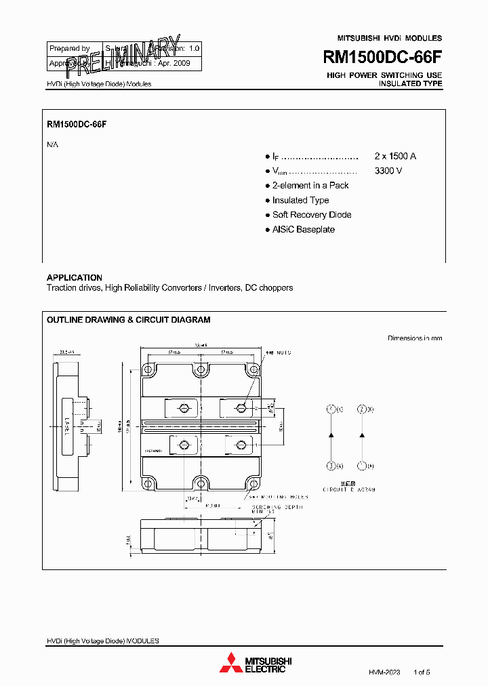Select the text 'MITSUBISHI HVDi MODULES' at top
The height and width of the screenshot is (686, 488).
point(389,38)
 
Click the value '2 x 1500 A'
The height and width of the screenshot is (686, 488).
point(395,156)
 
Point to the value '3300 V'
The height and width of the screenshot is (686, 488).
point(388,171)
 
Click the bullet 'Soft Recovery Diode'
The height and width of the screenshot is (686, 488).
point(312,215)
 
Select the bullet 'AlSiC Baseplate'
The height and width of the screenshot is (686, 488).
point(303,230)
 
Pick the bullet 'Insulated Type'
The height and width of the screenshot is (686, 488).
point(300,200)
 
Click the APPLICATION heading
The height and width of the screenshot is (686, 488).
point(75,277)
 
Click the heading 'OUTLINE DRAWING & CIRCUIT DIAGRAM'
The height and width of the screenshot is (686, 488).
point(128,320)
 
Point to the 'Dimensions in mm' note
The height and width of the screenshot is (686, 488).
point(414,338)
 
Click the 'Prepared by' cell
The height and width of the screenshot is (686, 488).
point(70,49)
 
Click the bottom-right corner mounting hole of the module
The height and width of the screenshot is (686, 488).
point(252,483)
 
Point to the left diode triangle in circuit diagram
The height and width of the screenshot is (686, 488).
point(331,435)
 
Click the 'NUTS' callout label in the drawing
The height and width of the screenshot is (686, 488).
point(283,353)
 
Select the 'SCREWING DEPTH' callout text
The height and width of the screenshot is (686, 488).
point(278,507)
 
